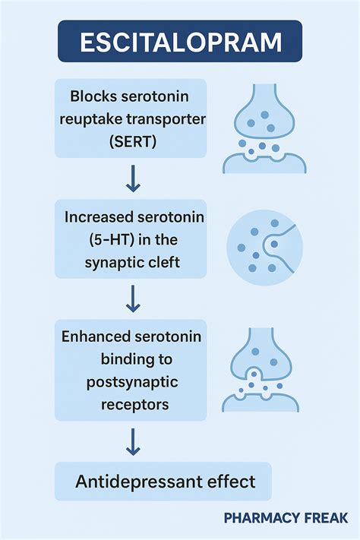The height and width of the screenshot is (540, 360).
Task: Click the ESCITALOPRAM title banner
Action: (180, 40)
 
